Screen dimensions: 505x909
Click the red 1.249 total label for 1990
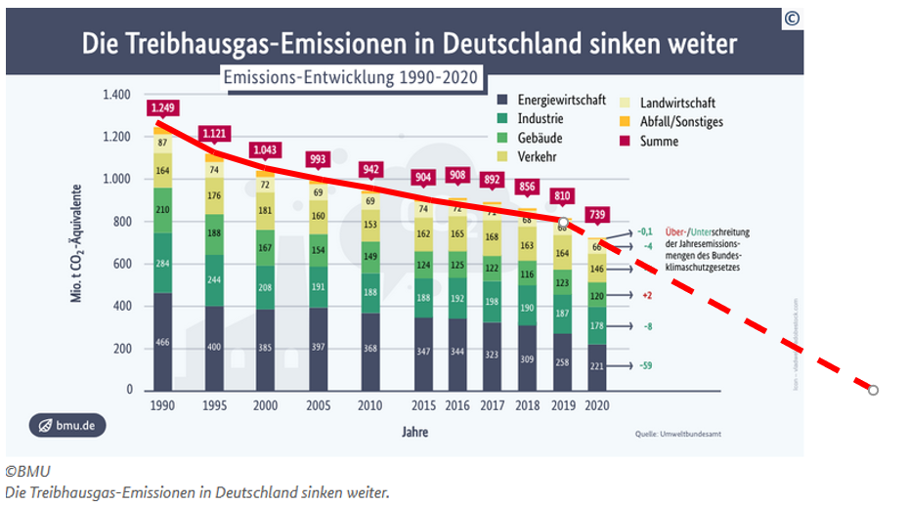coord(162,106)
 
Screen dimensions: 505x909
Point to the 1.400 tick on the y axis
coord(115,95)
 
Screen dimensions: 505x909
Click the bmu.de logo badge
coord(67,426)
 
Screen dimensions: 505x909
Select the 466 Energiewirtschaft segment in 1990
coord(162,343)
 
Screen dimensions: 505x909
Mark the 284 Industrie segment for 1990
coord(162,264)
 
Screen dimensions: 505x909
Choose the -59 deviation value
coord(646,366)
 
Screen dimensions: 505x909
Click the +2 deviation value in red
coord(646,295)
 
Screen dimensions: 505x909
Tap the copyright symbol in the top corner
coord(791,20)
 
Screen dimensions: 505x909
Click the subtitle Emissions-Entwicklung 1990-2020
coord(351,77)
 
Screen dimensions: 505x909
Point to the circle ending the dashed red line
coord(874,390)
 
